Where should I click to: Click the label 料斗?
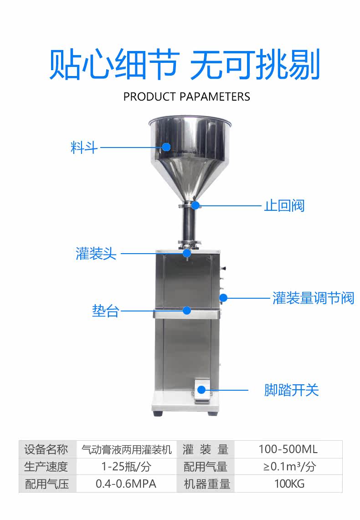coord(84,148)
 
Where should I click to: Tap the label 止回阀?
coord(284,205)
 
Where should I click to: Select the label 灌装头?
coord(96,253)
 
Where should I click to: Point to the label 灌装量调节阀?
coord(313,298)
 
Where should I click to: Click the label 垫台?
coord(105,311)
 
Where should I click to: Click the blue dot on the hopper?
coord(166,147)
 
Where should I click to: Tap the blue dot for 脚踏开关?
coord(201,390)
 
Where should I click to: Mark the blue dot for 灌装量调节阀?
coord(223,298)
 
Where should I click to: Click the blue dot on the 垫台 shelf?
coord(186,311)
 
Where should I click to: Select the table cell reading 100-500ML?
coord(288,449)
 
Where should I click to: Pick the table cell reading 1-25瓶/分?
coord(126,467)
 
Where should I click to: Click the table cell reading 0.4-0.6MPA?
coord(126,484)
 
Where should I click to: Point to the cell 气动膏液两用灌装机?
coord(126,449)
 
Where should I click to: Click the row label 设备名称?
coord(46,449)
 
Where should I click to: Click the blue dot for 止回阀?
coord(195,205)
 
